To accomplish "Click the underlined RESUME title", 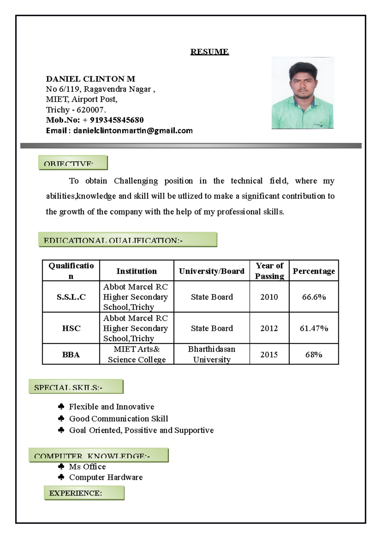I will (209, 52).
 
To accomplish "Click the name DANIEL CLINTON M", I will (90, 79).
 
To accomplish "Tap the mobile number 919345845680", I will (117, 120).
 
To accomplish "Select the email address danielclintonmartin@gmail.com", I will (133, 130).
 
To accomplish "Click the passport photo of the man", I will (302, 93).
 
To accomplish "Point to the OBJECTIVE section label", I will (73, 163).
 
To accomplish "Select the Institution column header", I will (137, 271).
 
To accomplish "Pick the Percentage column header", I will (314, 271).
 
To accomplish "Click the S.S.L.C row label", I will (71, 297).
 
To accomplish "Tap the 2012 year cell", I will (269, 328).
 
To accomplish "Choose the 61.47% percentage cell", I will (314, 328).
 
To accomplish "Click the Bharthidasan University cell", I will (211, 354).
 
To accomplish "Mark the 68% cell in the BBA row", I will (314, 355).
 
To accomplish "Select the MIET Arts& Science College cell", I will (137, 354).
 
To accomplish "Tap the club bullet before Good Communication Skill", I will (61, 418).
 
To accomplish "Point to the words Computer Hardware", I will (106, 477).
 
